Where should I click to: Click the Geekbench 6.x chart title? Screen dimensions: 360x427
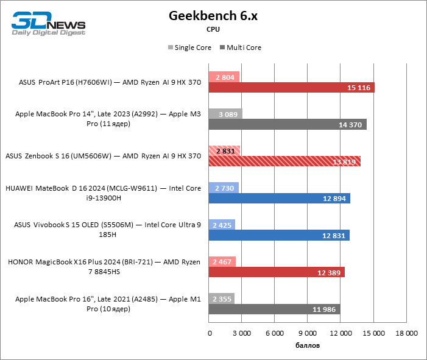[x=213, y=16]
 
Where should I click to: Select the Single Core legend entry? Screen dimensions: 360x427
[x=189, y=48]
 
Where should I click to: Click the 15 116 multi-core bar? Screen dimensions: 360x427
[x=291, y=88]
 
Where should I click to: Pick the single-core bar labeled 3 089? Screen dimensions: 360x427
[x=225, y=114]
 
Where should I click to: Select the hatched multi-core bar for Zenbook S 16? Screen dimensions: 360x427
[x=284, y=161]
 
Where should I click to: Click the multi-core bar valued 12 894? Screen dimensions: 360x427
[x=279, y=198]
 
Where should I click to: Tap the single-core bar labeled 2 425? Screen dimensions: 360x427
[x=222, y=225]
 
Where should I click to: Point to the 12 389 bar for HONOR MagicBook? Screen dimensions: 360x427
[x=277, y=272]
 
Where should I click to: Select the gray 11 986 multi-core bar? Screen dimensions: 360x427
[x=274, y=309]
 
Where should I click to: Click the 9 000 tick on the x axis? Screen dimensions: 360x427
[x=308, y=333]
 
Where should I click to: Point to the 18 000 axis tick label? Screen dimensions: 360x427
[x=406, y=333]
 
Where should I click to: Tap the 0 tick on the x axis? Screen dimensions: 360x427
[x=210, y=333]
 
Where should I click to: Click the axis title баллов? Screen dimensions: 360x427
[x=308, y=345]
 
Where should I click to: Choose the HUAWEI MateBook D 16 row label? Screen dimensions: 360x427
[x=103, y=193]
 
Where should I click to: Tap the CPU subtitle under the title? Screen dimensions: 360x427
[x=213, y=29]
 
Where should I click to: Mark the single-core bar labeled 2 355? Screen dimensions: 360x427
[x=221, y=298]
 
